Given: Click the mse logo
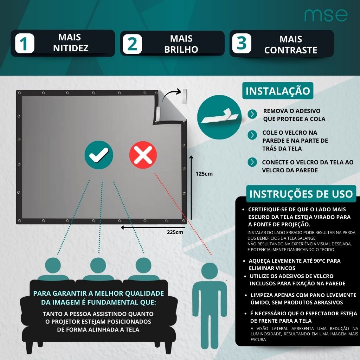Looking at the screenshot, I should tap(326, 15).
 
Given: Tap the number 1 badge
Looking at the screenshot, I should tap(25, 44).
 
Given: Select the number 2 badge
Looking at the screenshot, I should tap(132, 44).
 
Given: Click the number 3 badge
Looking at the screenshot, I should tap(242, 44).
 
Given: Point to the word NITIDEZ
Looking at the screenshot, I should tap(71, 48).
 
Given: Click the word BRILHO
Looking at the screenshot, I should tap(181, 49).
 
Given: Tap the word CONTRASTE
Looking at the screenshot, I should tap(291, 50).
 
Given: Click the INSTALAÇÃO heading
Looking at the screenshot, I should tap(278, 91).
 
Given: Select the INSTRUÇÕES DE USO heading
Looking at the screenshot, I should tap(301, 194).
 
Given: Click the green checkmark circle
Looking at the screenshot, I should tap(99, 155).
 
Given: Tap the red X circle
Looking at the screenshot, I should tap(143, 155).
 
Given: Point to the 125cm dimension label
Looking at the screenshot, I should tap(204, 173).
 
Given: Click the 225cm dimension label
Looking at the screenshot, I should tap(175, 232).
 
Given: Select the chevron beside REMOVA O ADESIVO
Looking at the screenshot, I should tap(252, 114).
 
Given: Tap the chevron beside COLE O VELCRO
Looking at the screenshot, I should tap(252, 135).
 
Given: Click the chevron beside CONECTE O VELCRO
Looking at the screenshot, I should tap(252, 162).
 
